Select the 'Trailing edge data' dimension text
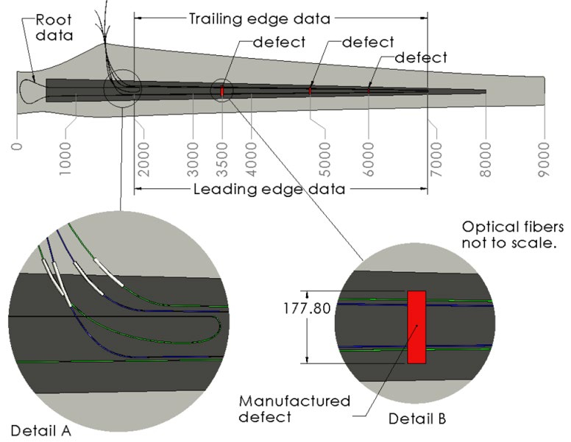tap(260, 18)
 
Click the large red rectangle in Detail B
tap(416, 327)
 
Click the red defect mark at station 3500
tap(221, 90)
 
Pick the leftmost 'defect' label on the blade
tap(278, 42)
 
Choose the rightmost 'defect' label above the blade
tap(420, 57)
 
